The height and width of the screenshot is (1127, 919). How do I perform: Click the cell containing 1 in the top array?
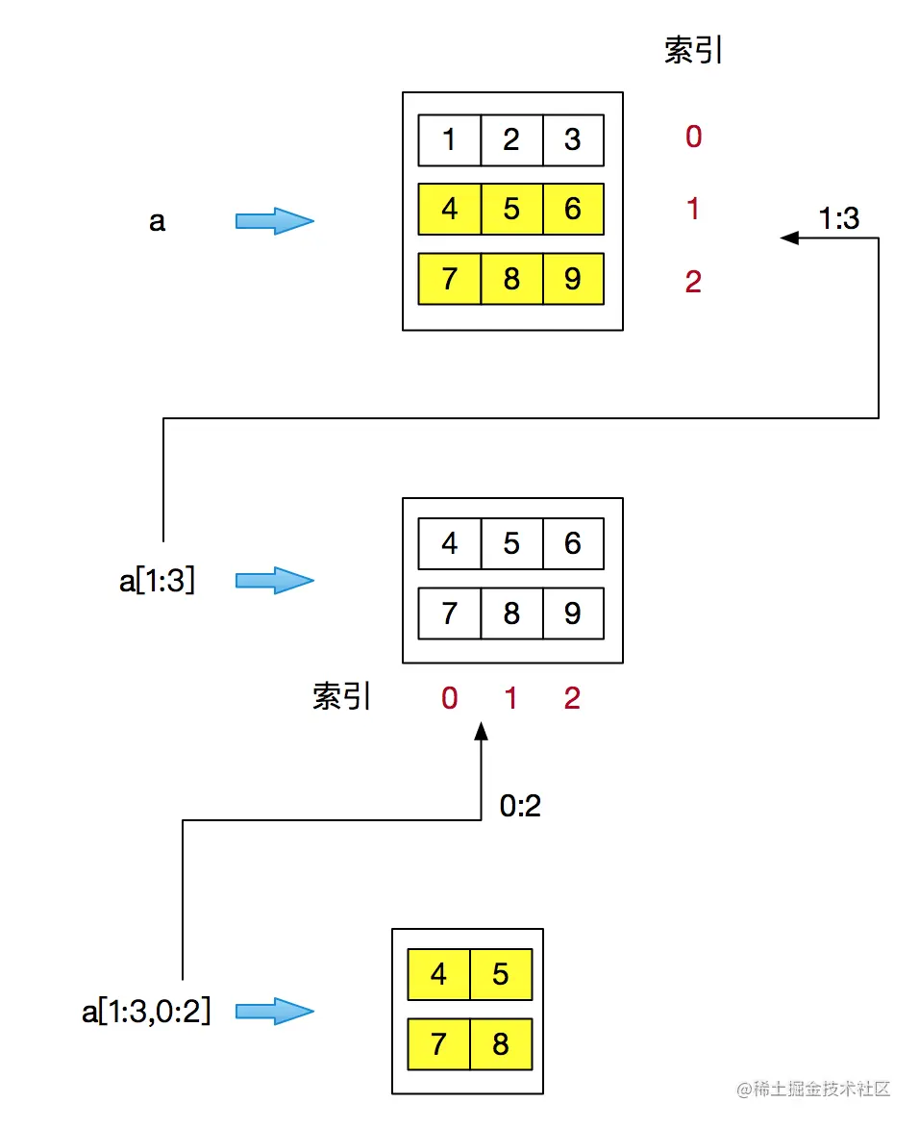coord(449,139)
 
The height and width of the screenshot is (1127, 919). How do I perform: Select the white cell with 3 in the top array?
coord(573,139)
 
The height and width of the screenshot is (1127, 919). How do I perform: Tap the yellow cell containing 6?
coord(573,209)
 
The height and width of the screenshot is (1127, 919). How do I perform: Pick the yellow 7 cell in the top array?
coord(449,279)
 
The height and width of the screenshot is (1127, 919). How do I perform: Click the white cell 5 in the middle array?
coord(511,543)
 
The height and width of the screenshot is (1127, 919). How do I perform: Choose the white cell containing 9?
coord(573,613)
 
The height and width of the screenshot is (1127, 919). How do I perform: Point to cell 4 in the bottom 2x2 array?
coord(438,974)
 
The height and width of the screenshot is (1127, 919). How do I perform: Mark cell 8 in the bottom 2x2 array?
coord(501,1043)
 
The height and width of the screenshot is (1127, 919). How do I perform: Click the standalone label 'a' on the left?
coord(157,221)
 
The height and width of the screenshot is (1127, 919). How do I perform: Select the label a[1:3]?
coord(157,580)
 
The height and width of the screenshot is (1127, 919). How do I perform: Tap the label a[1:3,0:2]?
coord(146,1011)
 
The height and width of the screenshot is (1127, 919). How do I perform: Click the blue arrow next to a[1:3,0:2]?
coord(275,1011)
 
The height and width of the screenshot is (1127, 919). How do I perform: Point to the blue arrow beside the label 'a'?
coord(275,221)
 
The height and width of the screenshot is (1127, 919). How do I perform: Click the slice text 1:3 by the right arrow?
coord(838,219)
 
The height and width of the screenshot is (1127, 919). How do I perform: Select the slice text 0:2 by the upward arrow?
coord(520,805)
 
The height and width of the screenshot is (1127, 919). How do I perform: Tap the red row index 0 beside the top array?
coord(693,138)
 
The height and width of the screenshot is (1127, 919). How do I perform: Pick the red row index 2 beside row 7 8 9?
coord(693,282)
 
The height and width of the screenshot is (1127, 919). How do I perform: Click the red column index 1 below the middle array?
coord(510,698)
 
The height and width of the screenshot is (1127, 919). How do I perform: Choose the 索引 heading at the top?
coord(693,51)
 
